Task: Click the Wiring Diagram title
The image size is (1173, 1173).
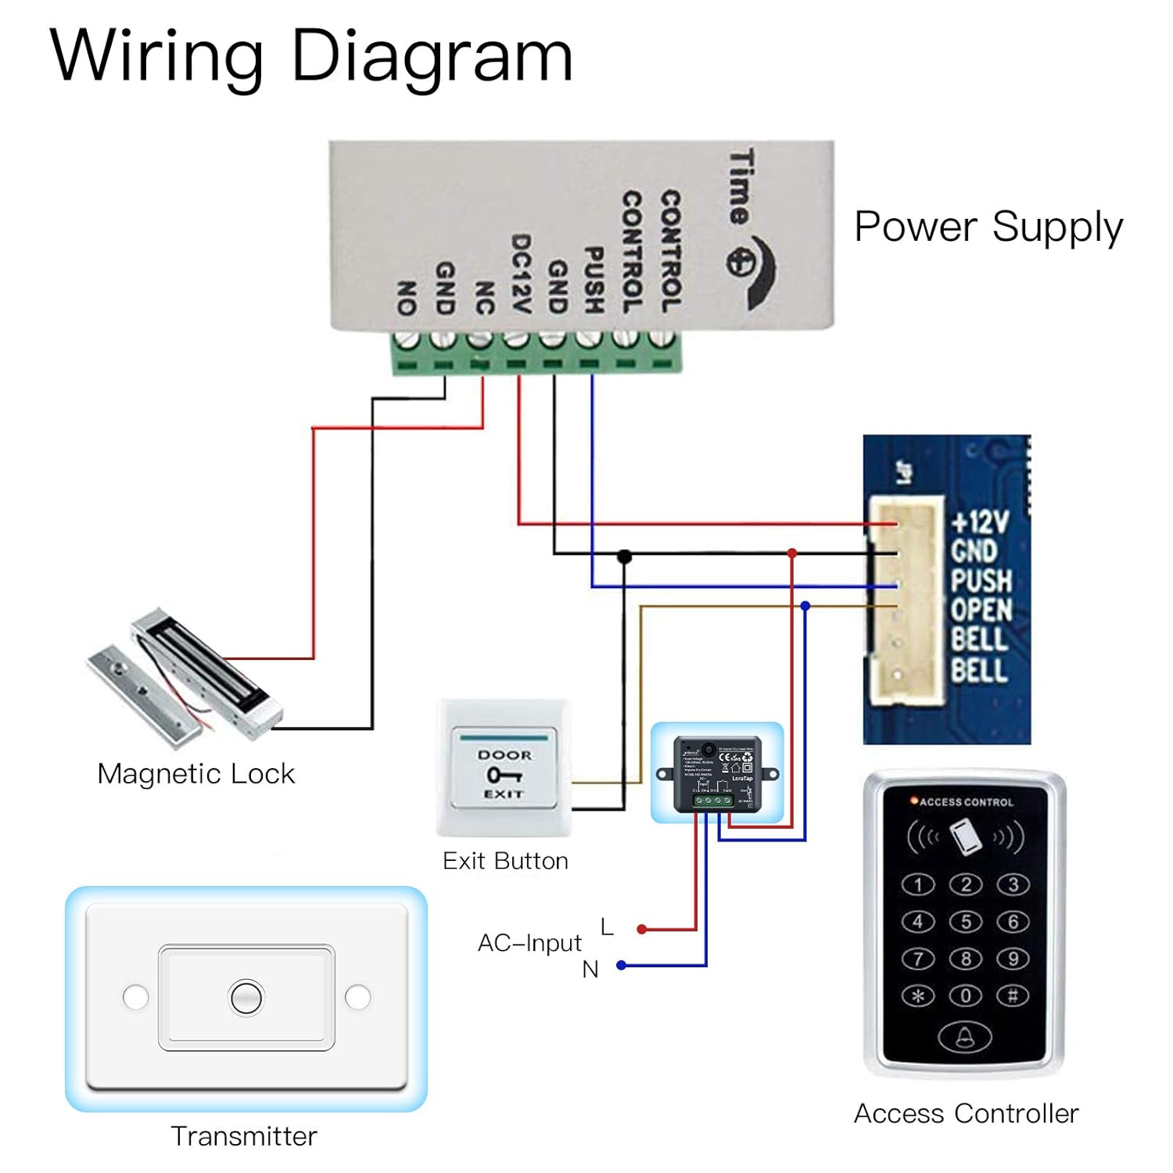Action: click(x=311, y=56)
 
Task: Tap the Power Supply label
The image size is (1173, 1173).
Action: click(x=988, y=227)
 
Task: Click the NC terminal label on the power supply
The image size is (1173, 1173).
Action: click(x=484, y=298)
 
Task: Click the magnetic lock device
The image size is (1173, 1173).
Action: click(x=188, y=680)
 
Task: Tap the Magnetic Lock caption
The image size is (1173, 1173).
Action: click(x=195, y=773)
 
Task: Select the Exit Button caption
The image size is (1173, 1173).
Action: click(x=505, y=861)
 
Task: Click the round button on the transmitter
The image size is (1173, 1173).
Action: click(x=246, y=997)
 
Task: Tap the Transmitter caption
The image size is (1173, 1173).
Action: click(x=244, y=1136)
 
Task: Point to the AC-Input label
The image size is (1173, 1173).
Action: click(x=529, y=943)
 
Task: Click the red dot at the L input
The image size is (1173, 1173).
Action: click(x=641, y=929)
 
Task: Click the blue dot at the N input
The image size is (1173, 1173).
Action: click(x=622, y=965)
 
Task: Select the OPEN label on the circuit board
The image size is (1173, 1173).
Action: click(x=981, y=610)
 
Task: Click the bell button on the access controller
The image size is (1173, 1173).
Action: click(x=965, y=1037)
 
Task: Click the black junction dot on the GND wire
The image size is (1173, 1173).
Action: click(x=624, y=556)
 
